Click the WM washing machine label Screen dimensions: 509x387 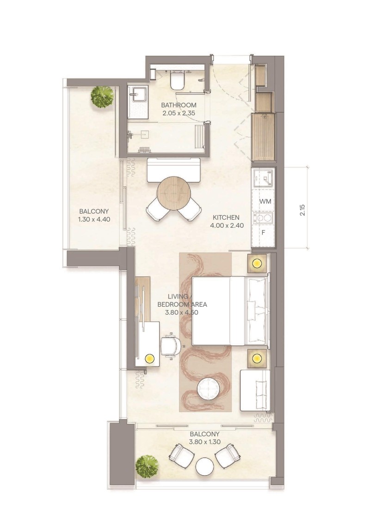[265, 201]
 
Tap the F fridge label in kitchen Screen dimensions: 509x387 [263, 232]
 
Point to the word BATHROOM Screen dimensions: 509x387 [179, 105]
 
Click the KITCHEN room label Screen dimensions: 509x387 [226, 217]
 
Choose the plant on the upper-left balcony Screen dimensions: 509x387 [102, 96]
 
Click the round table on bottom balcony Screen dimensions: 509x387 [204, 466]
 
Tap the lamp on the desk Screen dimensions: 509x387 [149, 358]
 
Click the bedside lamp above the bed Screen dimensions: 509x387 [257, 264]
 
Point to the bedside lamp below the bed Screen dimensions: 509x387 [257, 358]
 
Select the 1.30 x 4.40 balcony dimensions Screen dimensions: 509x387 [94, 219]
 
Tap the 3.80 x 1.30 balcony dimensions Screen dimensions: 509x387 [204, 442]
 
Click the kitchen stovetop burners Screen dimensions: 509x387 [263, 217]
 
